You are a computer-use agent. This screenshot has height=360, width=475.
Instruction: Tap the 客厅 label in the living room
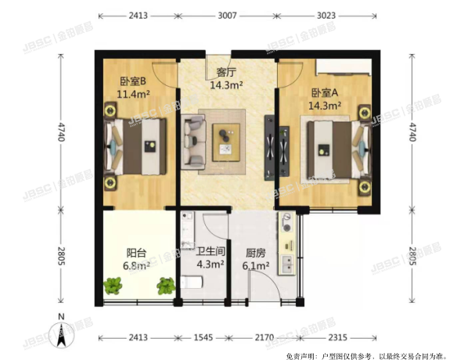[226, 74]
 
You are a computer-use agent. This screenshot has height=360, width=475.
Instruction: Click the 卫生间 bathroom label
[211, 251]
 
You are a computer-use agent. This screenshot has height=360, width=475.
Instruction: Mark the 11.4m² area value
[134, 94]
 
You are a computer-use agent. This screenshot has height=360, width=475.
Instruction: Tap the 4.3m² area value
[211, 265]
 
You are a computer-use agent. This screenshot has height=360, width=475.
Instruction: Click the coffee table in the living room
[227, 139]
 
